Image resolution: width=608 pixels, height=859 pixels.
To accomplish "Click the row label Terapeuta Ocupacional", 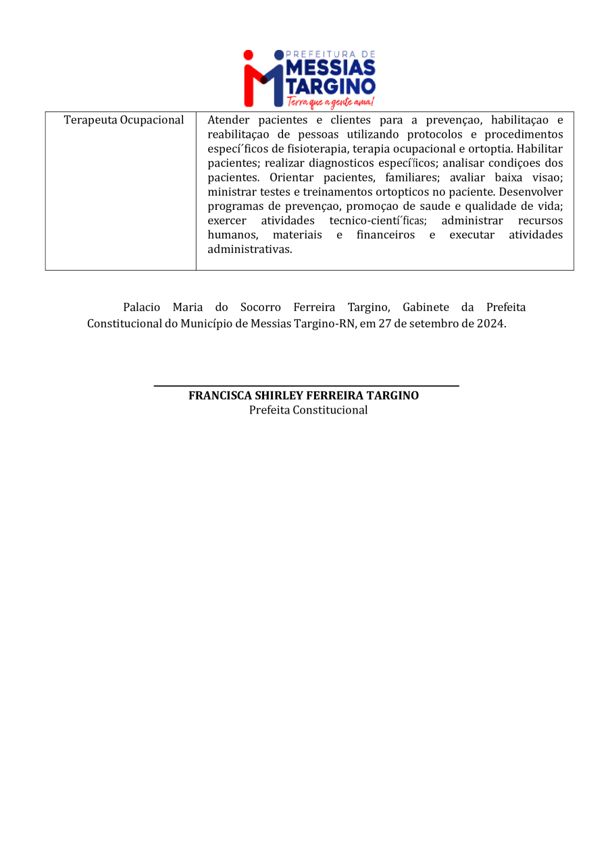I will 124,120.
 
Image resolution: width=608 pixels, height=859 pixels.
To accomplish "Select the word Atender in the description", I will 226,120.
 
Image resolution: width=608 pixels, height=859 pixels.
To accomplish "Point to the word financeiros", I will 385,235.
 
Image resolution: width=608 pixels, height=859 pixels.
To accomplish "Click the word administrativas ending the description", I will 249,249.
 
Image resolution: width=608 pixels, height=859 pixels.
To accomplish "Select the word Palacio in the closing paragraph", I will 141,308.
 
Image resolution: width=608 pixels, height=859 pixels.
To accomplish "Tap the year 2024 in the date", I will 490,323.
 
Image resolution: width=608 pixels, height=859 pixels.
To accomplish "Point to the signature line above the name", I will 306,385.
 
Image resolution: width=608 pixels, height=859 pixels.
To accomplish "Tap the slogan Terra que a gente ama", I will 330,102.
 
